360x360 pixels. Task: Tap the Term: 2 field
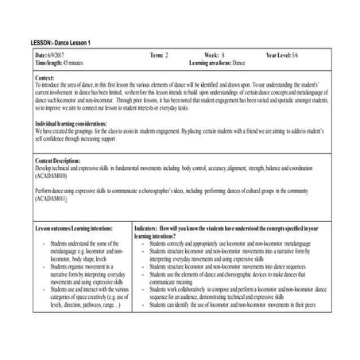click(x=159, y=54)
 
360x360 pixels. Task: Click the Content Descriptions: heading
click(x=60, y=161)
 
